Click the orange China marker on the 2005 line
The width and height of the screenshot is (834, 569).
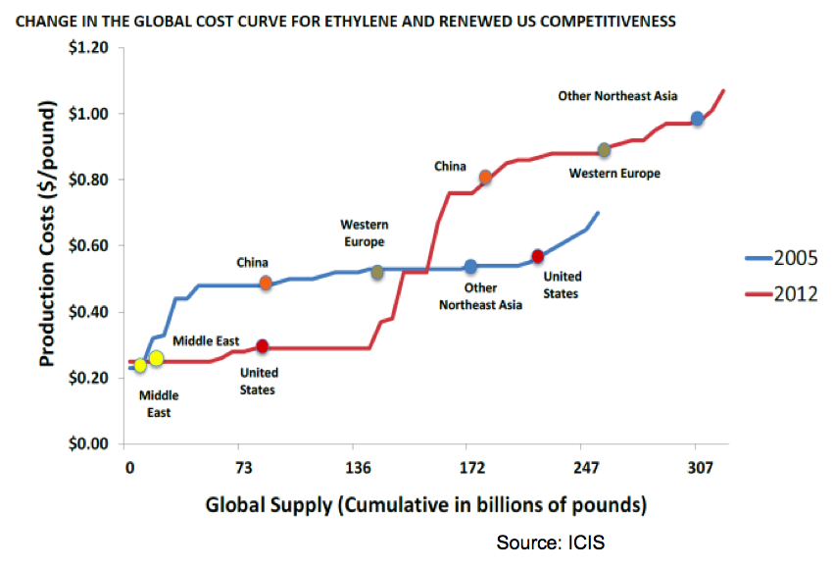coord(266,283)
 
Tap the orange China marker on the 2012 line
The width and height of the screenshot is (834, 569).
coord(485,178)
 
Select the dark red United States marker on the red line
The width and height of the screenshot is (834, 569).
coord(263,346)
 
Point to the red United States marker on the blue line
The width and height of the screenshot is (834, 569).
coord(537,256)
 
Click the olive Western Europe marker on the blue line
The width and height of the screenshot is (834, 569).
coord(377,273)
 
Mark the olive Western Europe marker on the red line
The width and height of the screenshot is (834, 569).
coord(605,150)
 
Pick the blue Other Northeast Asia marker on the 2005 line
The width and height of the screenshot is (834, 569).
coord(470,267)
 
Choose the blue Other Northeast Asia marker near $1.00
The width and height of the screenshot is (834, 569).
coord(698,119)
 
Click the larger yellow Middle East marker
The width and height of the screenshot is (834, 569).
coord(157,358)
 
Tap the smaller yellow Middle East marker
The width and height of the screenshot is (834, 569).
coord(140,366)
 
